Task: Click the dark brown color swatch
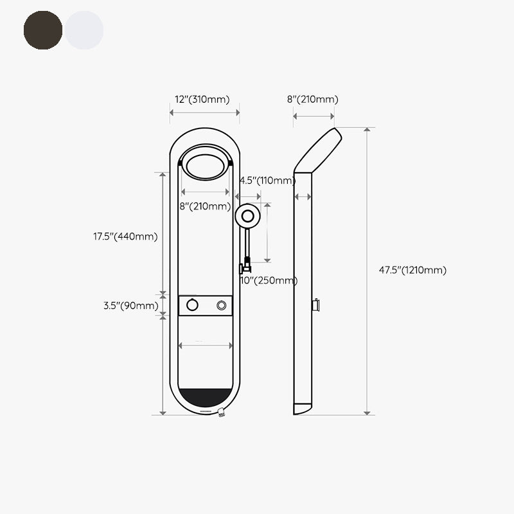click(43, 30)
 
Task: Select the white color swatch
click(84, 30)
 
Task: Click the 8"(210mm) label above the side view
click(312, 100)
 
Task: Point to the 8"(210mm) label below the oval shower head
click(205, 206)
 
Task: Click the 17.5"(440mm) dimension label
click(125, 236)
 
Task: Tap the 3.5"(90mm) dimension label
click(130, 306)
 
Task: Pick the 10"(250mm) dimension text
click(269, 280)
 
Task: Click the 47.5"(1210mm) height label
click(412, 270)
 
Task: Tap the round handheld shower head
click(248, 217)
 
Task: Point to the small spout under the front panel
click(222, 414)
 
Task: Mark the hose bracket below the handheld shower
click(245, 265)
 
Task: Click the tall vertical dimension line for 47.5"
click(368, 270)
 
